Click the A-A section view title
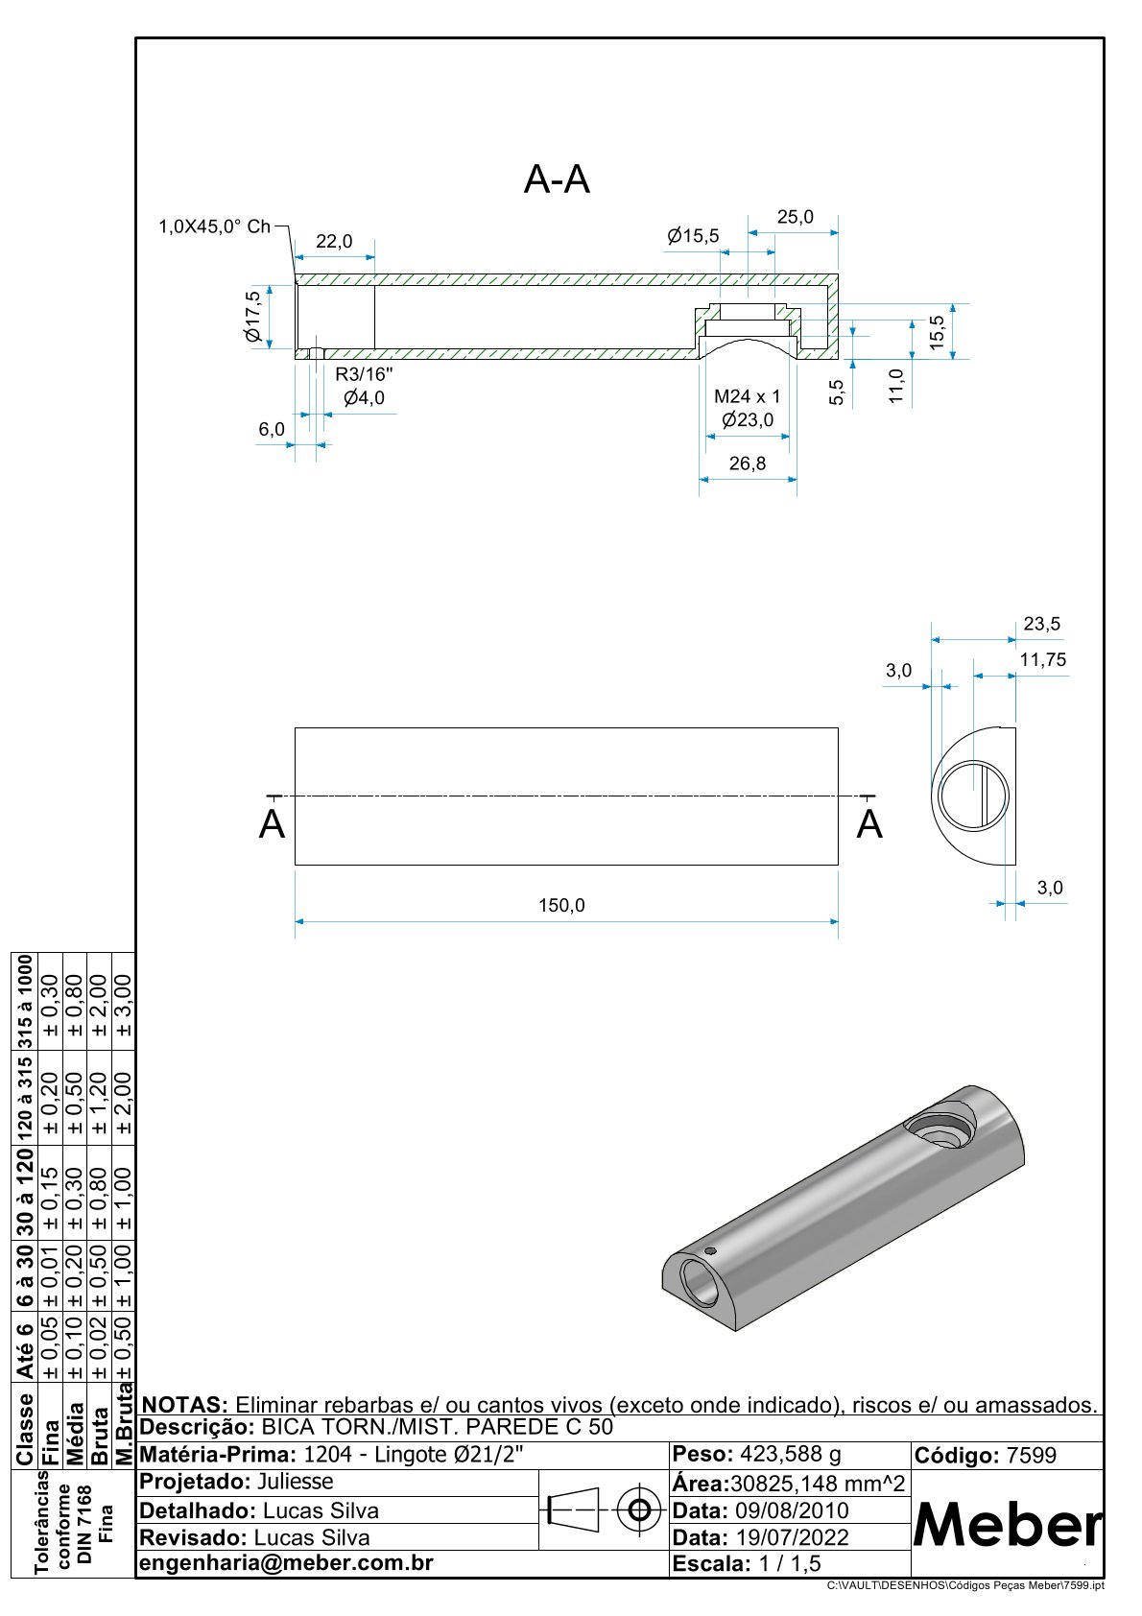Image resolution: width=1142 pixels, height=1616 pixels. pos(557,179)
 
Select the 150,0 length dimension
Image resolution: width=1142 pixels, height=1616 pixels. pos(561,905)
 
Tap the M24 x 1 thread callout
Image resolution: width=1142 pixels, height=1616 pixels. pos(748,396)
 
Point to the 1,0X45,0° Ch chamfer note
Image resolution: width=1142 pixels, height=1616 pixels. pos(214,227)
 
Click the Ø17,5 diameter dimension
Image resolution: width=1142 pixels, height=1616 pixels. pos(253,317)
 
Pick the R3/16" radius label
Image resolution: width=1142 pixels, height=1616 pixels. pos(364,373)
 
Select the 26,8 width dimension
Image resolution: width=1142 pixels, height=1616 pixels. pos(748,463)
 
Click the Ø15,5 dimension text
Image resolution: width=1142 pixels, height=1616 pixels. pos(693,236)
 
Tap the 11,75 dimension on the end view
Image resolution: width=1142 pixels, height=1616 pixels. pos(1043,659)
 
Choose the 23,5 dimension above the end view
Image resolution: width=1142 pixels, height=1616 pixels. pos(1042,624)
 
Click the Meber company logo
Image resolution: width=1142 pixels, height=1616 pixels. pos(1008,1525)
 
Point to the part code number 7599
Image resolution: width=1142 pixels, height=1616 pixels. pos(1031,1456)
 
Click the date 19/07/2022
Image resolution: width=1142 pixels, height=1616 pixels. pos(792,1537)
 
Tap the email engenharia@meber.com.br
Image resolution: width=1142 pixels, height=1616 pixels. pos(286,1563)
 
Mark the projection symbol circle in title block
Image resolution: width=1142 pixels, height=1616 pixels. pos(637,1511)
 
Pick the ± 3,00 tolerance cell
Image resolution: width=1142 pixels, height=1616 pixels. pos(123,1005)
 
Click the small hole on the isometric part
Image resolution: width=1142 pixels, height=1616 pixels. pos(710,1251)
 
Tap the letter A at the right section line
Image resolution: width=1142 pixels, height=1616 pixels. pos(869,824)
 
